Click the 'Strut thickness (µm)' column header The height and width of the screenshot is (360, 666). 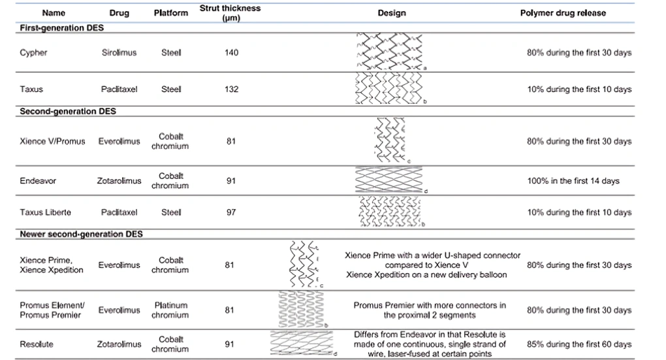click(x=230, y=13)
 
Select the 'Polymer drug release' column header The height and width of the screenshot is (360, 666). click(x=563, y=13)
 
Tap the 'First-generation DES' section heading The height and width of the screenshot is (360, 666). click(x=61, y=27)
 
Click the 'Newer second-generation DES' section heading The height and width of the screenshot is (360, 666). click(x=81, y=234)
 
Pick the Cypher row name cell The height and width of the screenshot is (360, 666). click(x=33, y=53)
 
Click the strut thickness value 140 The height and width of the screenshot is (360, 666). click(x=232, y=53)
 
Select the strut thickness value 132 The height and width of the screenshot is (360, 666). click(x=232, y=90)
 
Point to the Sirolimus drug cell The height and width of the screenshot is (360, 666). click(x=119, y=53)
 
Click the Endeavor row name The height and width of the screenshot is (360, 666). click(x=38, y=180)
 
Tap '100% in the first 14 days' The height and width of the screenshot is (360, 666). click(x=573, y=180)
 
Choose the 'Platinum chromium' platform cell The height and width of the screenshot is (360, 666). click(x=171, y=310)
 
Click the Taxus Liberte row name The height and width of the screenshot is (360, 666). click(x=45, y=212)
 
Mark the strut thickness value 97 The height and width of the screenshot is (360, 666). click(x=231, y=212)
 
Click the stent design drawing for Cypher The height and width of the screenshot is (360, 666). click(x=390, y=52)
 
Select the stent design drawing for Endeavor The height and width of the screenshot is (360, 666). click(x=390, y=180)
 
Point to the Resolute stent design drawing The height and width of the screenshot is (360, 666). click(x=302, y=344)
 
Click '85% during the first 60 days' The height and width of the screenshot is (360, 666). click(x=579, y=344)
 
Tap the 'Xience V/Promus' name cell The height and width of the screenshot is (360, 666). click(x=52, y=141)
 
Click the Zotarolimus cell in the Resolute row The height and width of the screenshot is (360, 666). click(x=119, y=344)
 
